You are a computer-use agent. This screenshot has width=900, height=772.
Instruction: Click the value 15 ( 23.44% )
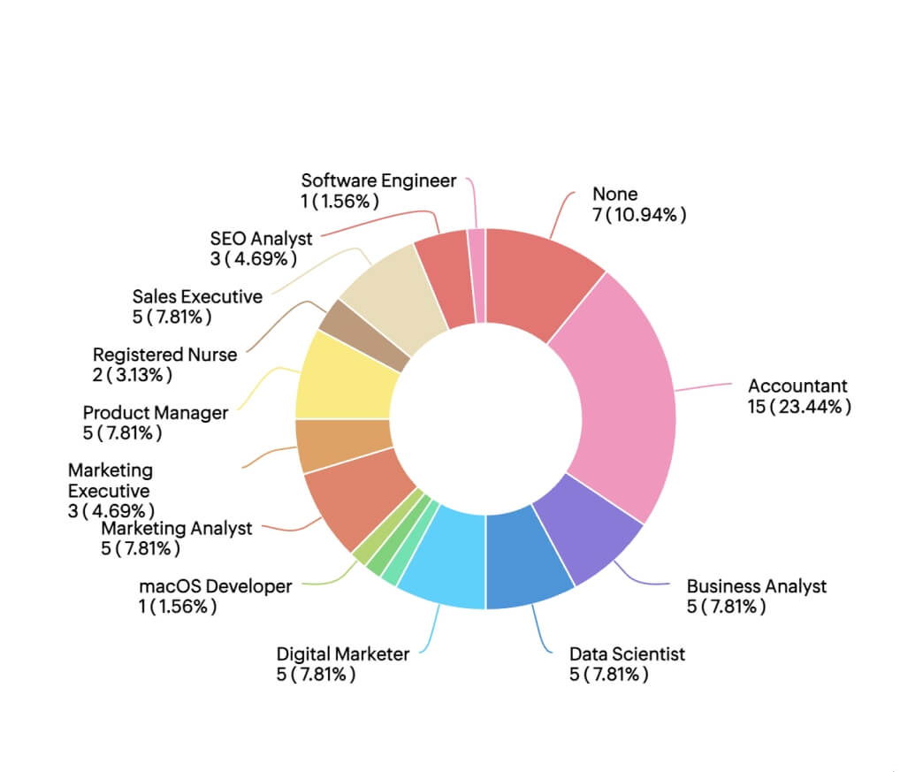[799, 408]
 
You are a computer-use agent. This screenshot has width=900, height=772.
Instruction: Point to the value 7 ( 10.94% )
[639, 215]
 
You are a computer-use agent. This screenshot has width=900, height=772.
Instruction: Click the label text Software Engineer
[378, 181]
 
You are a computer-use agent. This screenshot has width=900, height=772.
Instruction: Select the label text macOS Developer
[215, 586]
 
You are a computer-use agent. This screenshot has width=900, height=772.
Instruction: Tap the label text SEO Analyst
[262, 239]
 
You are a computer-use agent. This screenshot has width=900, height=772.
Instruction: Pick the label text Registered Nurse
[165, 355]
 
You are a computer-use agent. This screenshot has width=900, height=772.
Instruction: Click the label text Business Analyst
[757, 586]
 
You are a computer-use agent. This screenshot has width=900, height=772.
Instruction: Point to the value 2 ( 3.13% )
[133, 376]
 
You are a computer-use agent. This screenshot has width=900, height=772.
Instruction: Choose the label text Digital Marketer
[343, 654]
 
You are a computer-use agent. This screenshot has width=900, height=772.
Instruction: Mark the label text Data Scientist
[627, 654]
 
